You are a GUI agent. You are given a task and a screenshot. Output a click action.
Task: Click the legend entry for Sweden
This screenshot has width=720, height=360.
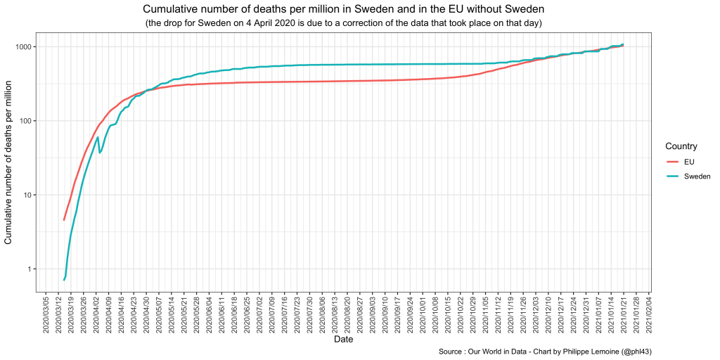(697, 176)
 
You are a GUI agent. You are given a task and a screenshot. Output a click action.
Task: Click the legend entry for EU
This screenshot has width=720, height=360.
(688, 162)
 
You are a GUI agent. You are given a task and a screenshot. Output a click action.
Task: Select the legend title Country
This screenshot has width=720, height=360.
(681, 146)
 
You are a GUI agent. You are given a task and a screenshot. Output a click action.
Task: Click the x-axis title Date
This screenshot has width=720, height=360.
(344, 340)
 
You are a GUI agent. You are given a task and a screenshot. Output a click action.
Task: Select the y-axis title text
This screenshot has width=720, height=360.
(8, 162)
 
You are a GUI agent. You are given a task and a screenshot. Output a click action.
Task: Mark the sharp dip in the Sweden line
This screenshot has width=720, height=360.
(99, 153)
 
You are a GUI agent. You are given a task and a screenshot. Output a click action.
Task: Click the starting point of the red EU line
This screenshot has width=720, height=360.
(64, 220)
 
